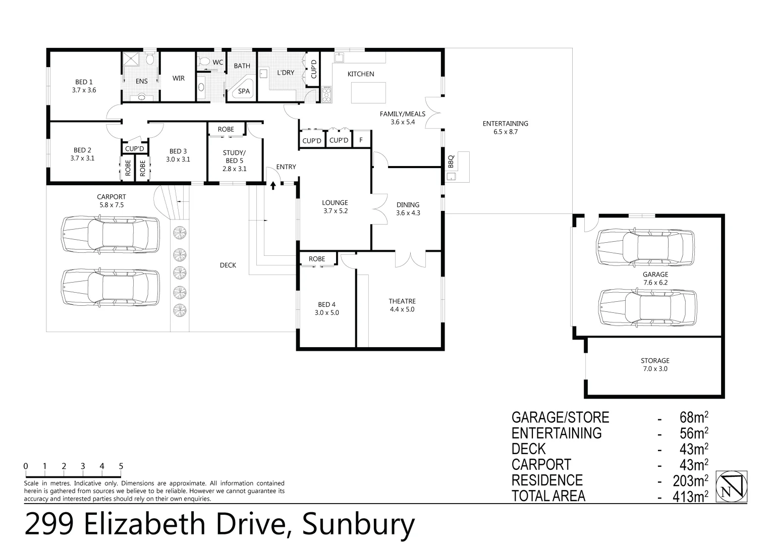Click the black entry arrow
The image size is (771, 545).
(x=273, y=186)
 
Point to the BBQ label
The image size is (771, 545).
(x=451, y=161)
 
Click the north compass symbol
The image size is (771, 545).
(x=734, y=486)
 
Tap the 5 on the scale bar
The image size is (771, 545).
(x=121, y=466)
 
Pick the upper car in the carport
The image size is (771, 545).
(x=110, y=233)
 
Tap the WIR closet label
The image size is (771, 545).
(x=179, y=78)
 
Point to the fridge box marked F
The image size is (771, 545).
(x=361, y=140)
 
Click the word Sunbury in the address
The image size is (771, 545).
(x=358, y=525)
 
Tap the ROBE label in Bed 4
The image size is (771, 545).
(x=317, y=259)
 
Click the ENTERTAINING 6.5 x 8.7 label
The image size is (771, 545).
(x=505, y=127)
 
